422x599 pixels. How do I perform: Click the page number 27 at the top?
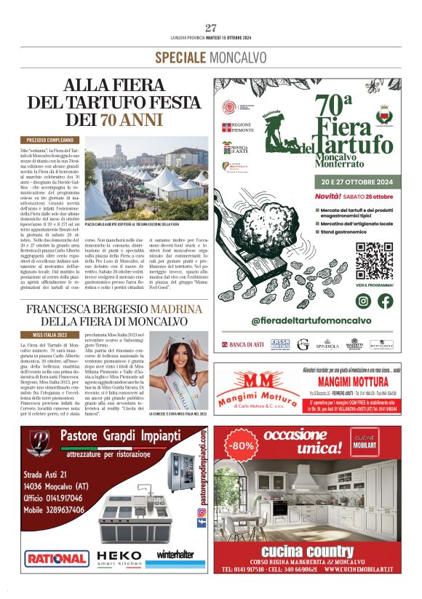[211, 28]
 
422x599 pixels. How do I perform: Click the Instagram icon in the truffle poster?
[364, 301]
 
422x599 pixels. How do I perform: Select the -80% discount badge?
[239, 444]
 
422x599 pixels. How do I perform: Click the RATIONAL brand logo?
[55, 558]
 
